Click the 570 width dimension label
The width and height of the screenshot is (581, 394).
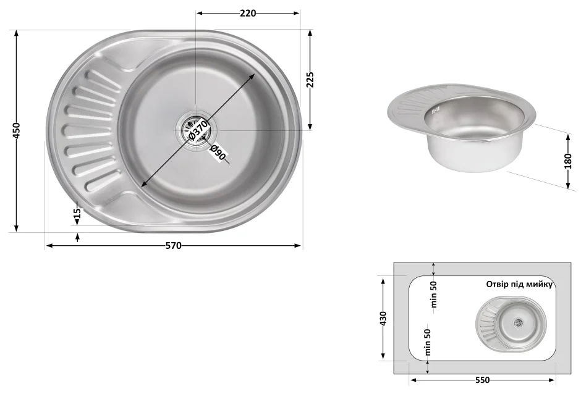pos(174,246)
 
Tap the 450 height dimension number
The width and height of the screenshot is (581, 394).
pos(16,131)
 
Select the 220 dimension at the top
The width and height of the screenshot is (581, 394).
pos(247,14)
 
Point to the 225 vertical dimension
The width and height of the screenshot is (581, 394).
pos(310,80)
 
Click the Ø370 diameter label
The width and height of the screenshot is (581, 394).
pos(198,130)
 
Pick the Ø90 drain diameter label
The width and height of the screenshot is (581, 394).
pos(218,153)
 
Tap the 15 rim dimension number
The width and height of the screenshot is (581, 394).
pos(77,213)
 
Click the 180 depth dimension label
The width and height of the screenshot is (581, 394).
pos(568,161)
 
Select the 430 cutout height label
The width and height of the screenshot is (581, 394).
pos(383,319)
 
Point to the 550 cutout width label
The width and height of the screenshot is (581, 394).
pos(483,380)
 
